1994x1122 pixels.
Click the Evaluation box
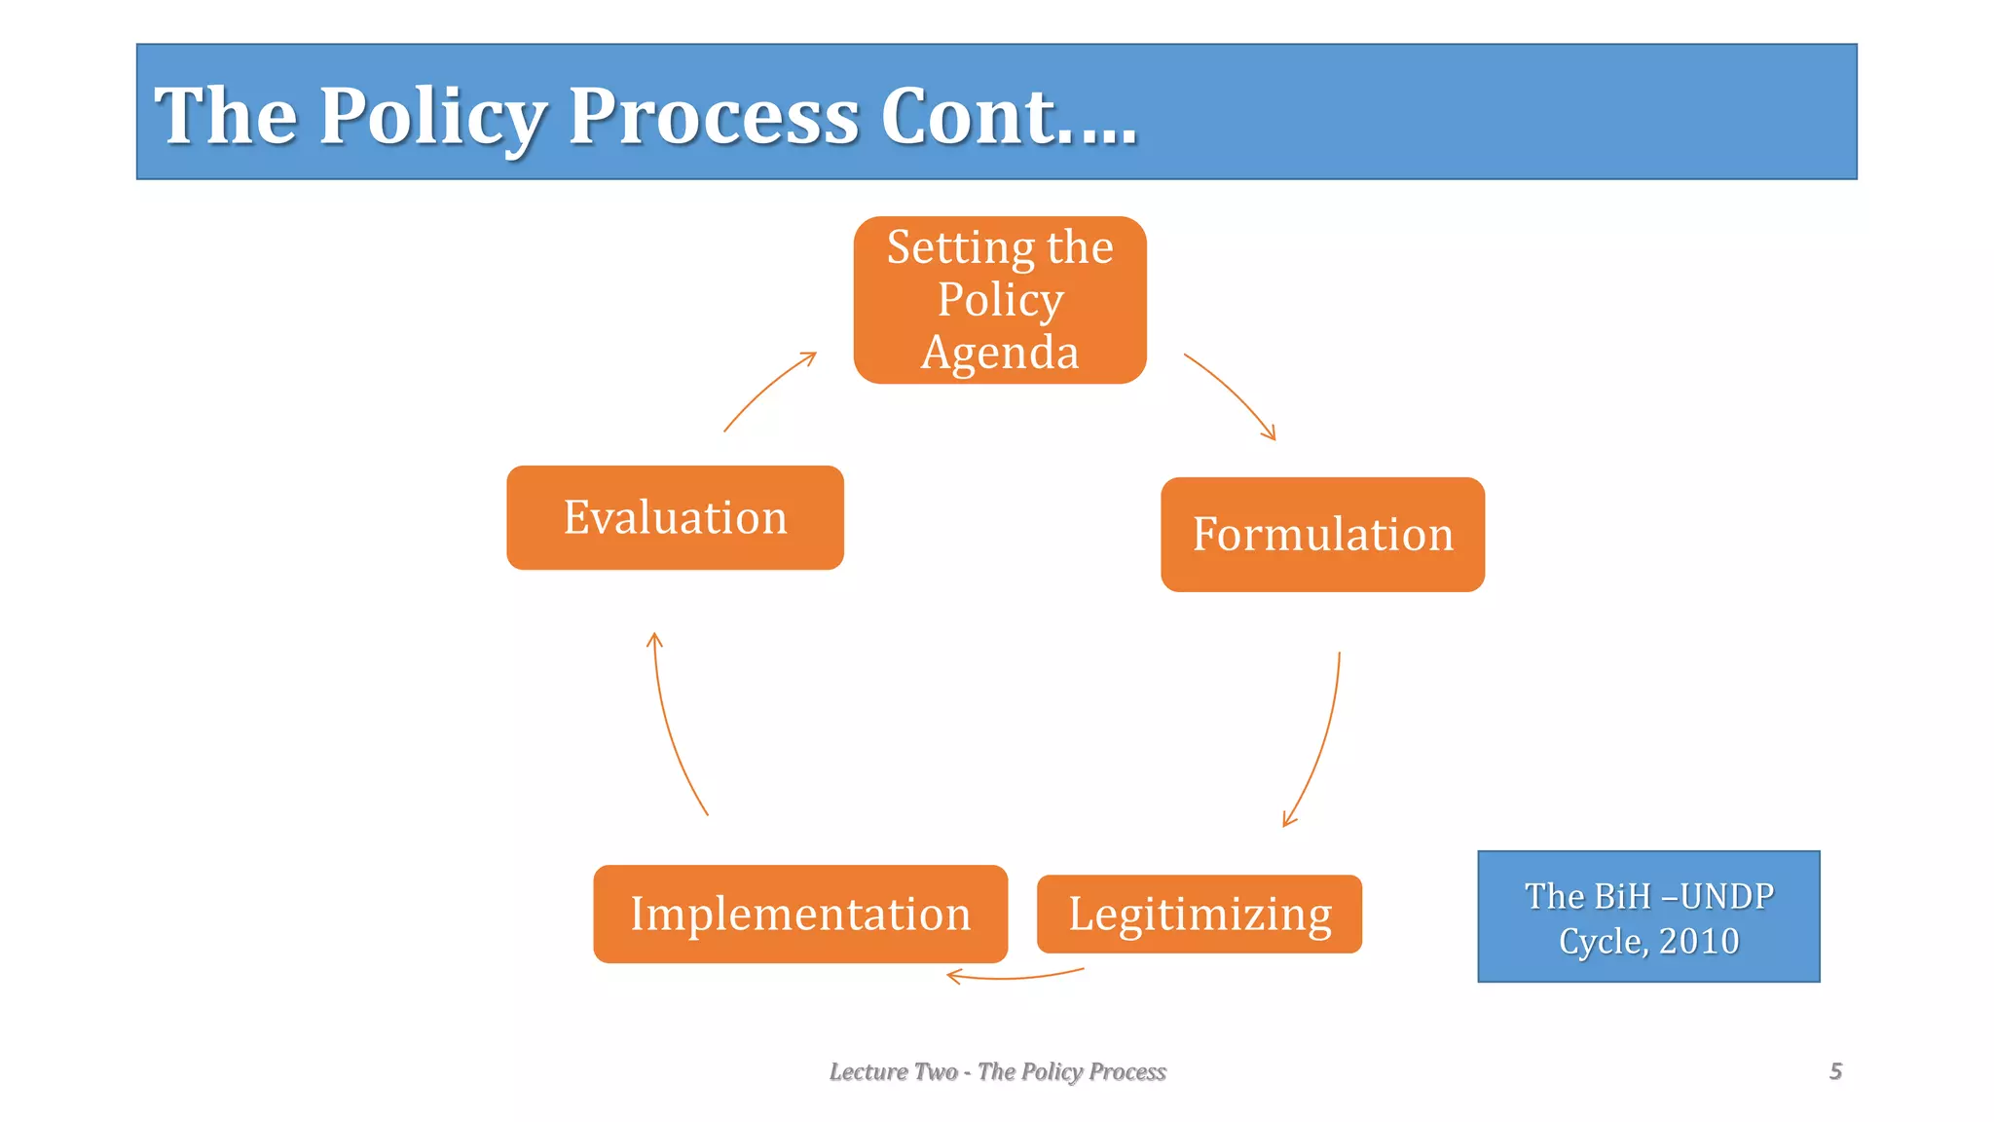tap(675, 517)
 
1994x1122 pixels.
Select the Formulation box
tap(1322, 535)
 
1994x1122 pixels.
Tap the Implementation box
tap(800, 914)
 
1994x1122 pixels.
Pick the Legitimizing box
tap(1199, 914)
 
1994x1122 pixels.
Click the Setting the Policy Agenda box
tap(1000, 300)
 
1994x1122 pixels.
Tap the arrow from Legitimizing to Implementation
tap(1015, 977)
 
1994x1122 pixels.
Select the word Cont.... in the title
tap(1009, 116)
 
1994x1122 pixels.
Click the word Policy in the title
tap(432, 116)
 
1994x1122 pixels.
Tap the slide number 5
tap(1835, 1071)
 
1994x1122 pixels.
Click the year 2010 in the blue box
tap(1699, 941)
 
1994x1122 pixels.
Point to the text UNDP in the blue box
tap(1727, 896)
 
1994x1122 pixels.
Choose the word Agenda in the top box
tap(1000, 353)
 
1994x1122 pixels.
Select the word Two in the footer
tap(936, 1071)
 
